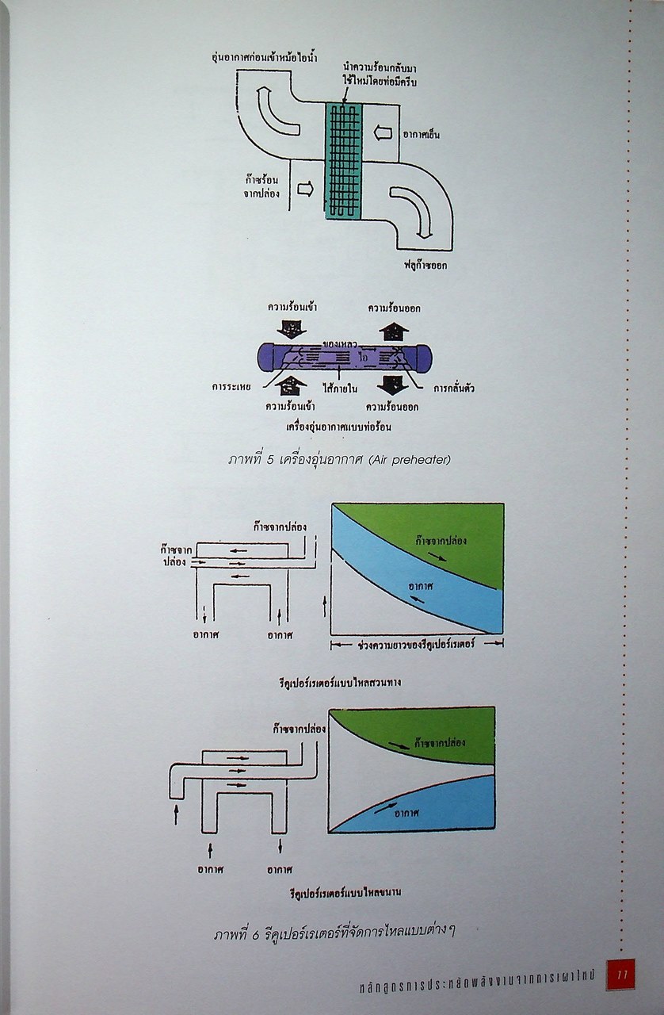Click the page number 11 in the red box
tap(620, 975)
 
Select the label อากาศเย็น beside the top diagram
tap(421, 134)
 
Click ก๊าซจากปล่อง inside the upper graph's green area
tap(441, 541)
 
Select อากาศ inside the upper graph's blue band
tap(425, 585)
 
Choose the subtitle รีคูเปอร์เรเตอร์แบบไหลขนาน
tap(344, 892)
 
